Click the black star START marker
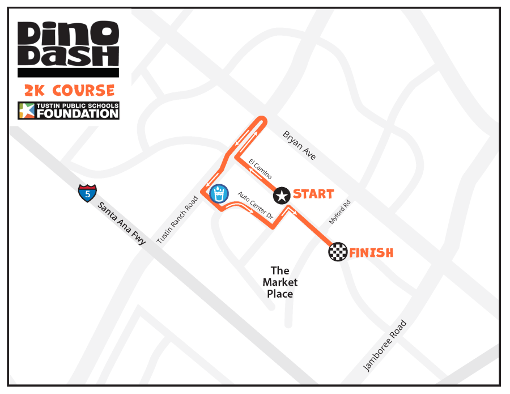click(x=282, y=196)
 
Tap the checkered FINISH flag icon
click(x=338, y=252)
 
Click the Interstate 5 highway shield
click(x=87, y=193)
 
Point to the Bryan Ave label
click(x=299, y=145)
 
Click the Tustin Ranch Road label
click(x=177, y=220)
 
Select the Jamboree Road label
click(x=385, y=346)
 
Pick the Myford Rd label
click(x=340, y=211)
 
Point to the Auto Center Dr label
click(x=255, y=206)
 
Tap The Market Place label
click(x=280, y=282)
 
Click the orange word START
click(x=313, y=194)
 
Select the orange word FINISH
click(x=371, y=252)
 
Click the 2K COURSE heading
click(x=69, y=90)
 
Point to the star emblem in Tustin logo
click(x=27, y=111)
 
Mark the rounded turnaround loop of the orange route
click(x=261, y=120)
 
